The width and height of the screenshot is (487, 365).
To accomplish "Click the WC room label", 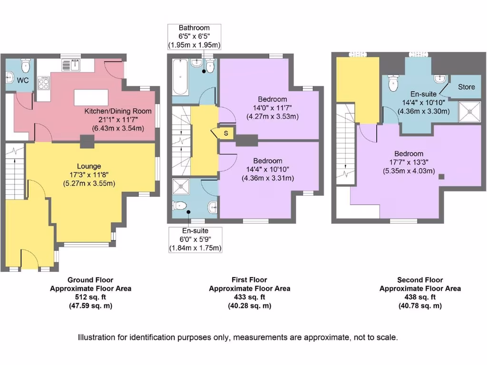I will (x=23, y=81).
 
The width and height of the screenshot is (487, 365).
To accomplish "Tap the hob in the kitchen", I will (x=44, y=84).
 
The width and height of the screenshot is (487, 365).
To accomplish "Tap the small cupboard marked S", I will (x=226, y=134).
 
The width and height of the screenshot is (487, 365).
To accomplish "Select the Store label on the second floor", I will (x=466, y=87).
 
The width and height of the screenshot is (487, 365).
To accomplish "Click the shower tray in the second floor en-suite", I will (x=470, y=111).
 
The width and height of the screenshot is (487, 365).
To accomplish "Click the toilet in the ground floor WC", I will (x=26, y=65).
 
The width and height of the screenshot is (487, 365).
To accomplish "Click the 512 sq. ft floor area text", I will (x=90, y=297).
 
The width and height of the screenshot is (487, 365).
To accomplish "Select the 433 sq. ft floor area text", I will (x=249, y=297).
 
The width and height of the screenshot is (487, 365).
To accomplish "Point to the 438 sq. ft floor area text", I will (x=420, y=297).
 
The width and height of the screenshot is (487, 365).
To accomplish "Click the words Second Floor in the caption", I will (x=420, y=280).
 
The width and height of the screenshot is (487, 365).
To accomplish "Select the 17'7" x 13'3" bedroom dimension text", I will (x=409, y=163).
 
